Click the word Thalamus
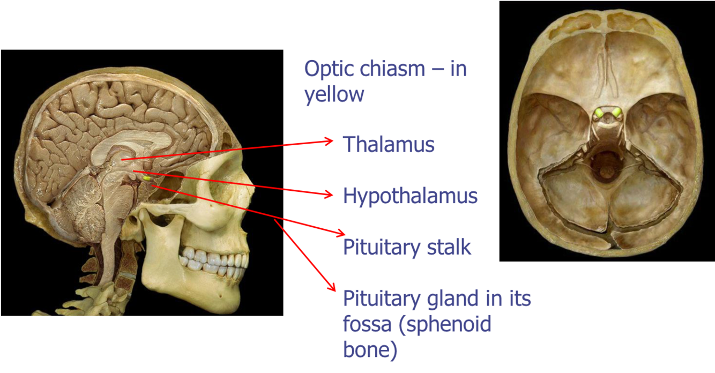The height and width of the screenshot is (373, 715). tap(389, 144)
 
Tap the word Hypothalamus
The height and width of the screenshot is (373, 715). tap(410, 196)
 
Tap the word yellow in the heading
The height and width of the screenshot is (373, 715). tap(334, 94)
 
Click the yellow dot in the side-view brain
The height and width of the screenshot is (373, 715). tap(146, 177)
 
